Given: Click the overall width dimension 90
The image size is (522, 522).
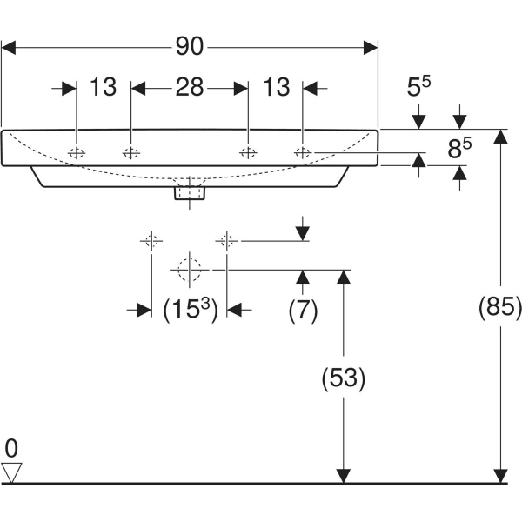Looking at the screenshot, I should pos(190,46).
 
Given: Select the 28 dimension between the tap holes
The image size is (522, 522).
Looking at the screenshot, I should pos(190,87).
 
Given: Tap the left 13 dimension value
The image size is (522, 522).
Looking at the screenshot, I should pos(103,87).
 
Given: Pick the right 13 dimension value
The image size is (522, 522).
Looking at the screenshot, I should pos(276,87).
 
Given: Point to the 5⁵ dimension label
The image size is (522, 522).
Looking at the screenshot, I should pos(420,87).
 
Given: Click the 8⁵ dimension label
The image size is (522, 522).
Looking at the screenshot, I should pos(459,150).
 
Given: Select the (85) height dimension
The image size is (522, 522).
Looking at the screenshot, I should pos(500,306).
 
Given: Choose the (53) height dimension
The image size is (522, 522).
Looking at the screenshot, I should pos(344,378).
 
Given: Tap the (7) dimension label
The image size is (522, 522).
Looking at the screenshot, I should pos(303,311).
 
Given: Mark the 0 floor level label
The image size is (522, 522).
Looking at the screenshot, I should pos(11,450).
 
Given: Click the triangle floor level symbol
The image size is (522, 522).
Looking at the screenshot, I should pos(11,472).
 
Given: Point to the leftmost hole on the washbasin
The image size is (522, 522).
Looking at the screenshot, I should pos(77,153).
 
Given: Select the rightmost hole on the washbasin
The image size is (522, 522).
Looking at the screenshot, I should pos(303,153).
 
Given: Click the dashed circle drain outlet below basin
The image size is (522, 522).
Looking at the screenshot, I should pos(189,270).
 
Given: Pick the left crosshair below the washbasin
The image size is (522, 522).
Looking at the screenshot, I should pos(151,240).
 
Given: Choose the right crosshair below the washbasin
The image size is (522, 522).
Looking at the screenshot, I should pos(227,240).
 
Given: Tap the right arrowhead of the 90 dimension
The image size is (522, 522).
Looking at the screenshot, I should pos(371,46).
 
